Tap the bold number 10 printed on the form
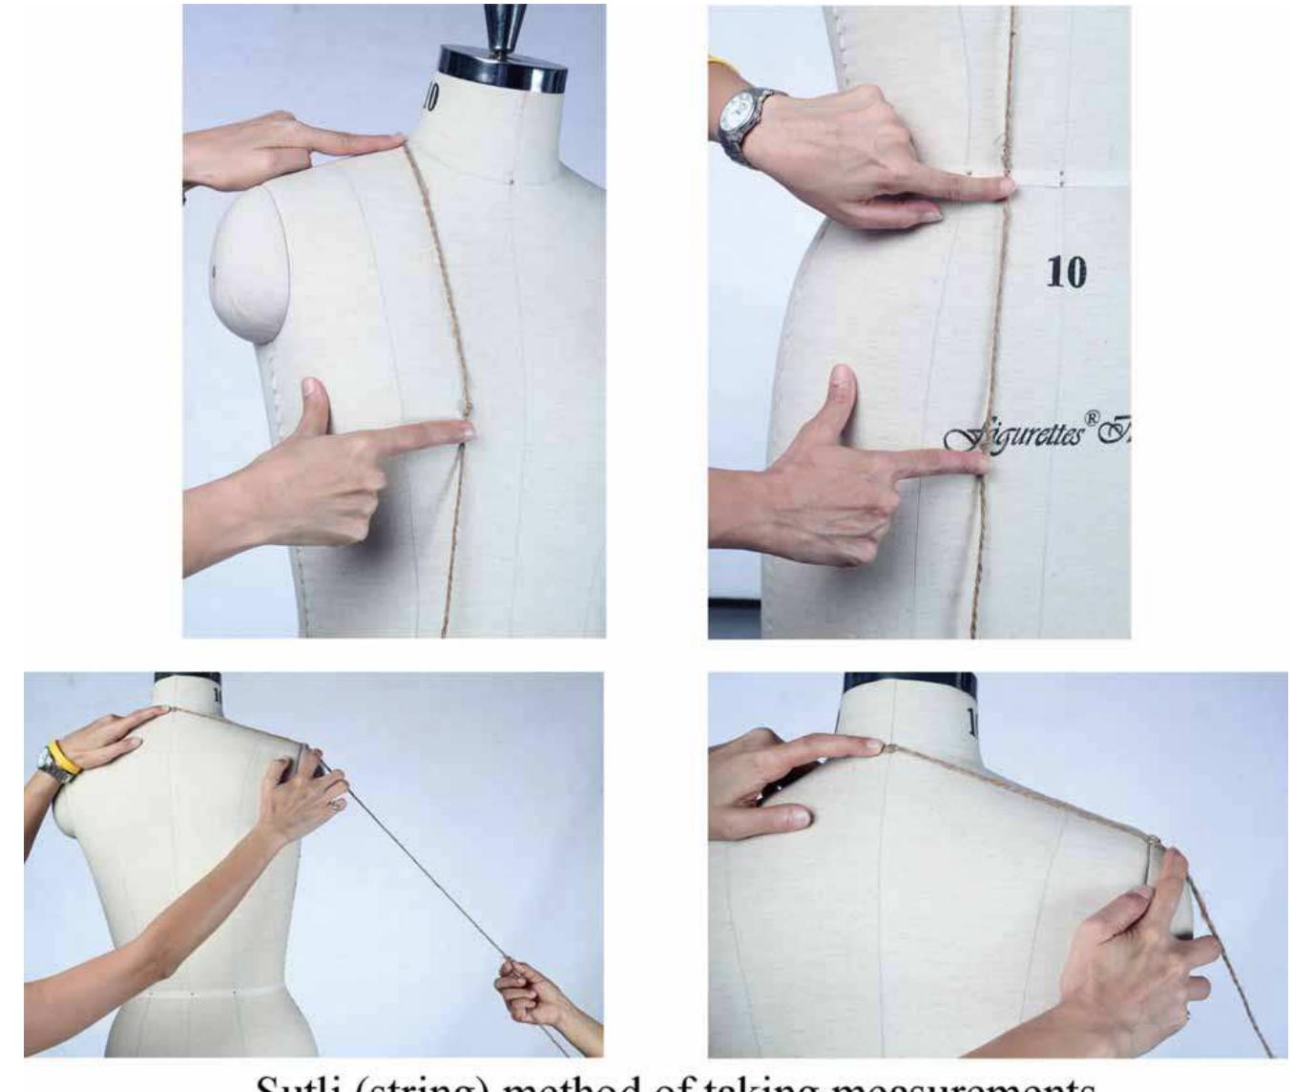1066,273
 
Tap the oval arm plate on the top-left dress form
251,264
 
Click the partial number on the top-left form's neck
431,97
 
